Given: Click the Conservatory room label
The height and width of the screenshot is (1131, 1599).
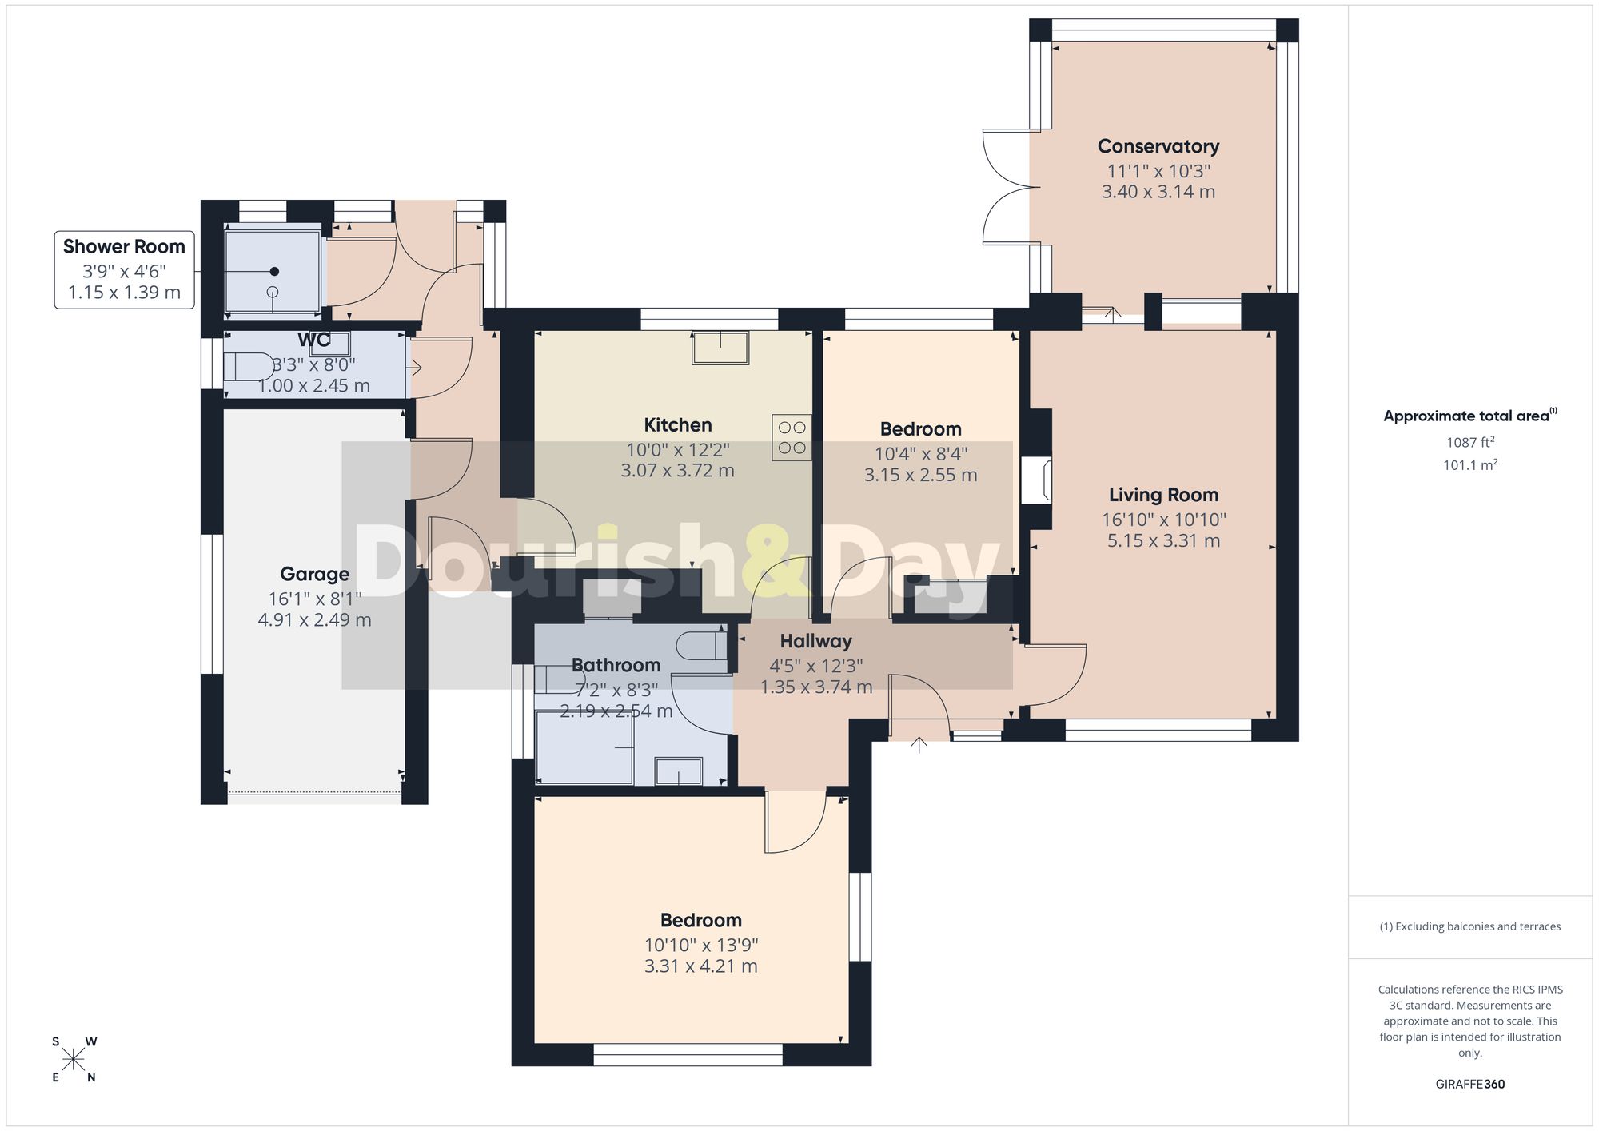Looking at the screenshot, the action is pyautogui.click(x=1158, y=146).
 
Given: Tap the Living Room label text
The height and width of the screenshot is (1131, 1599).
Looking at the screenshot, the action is pyautogui.click(x=1163, y=495).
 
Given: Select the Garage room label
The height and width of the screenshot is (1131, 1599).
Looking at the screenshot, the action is pyautogui.click(x=314, y=574).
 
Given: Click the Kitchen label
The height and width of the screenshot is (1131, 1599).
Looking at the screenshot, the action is pyautogui.click(x=678, y=425).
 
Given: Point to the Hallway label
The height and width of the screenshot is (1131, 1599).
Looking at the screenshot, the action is pyautogui.click(x=815, y=641).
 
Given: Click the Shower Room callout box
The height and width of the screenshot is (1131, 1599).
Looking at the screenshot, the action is pyautogui.click(x=124, y=269).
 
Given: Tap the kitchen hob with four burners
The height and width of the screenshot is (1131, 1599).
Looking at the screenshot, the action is pyautogui.click(x=792, y=437).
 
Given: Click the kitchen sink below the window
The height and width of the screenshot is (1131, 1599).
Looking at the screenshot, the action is pyautogui.click(x=721, y=346).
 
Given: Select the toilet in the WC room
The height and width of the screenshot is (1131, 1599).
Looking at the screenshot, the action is pyautogui.click(x=248, y=367).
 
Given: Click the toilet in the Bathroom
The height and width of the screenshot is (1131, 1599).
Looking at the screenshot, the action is pyautogui.click(x=702, y=645).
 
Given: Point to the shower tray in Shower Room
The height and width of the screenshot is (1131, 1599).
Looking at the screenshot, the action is pyautogui.click(x=273, y=271).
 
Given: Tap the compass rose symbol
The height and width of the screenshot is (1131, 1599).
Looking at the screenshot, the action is pyautogui.click(x=74, y=1060).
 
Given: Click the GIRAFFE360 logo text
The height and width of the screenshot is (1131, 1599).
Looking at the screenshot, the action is pyautogui.click(x=1469, y=1085).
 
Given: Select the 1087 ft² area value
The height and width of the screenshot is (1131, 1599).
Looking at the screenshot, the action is pyautogui.click(x=1469, y=442).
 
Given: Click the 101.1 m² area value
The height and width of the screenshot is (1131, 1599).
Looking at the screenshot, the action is pyautogui.click(x=1469, y=464).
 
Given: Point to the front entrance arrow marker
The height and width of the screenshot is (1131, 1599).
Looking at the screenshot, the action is pyautogui.click(x=919, y=745).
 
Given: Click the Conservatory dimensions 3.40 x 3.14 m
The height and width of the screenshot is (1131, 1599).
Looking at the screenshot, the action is pyautogui.click(x=1158, y=192).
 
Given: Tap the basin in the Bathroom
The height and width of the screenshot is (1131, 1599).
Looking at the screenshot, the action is pyautogui.click(x=678, y=771).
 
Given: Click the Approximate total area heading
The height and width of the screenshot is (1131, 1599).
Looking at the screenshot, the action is pyautogui.click(x=1469, y=415).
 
